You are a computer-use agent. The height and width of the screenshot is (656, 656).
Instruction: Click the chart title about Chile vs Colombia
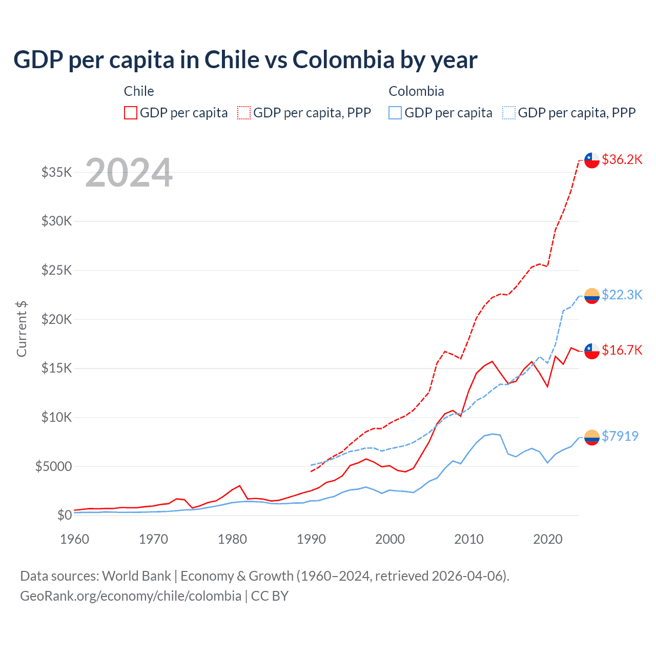[245, 60]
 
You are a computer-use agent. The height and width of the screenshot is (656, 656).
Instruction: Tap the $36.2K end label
[622, 159]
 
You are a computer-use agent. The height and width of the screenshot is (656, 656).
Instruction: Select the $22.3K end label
[622, 295]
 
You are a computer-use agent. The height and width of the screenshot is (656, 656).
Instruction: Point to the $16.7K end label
[622, 350]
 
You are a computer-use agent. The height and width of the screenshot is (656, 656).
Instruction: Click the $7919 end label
[620, 436]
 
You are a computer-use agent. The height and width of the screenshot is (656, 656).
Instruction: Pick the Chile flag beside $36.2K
[592, 160]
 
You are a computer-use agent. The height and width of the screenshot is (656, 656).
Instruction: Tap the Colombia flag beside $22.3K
[592, 296]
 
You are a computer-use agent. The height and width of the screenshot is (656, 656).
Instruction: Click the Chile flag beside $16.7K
[592, 351]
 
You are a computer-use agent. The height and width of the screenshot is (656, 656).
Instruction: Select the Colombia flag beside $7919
[592, 437]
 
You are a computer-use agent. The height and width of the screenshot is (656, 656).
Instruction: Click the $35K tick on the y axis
[57, 172]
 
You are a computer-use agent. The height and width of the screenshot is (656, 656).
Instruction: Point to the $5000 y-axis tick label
[53, 466]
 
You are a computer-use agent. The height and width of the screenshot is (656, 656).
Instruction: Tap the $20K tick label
[57, 319]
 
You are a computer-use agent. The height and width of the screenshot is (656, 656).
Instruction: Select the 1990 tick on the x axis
[311, 539]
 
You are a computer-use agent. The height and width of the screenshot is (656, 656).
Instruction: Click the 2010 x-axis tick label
[469, 539]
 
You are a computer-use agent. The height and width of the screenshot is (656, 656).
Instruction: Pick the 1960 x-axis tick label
[75, 539]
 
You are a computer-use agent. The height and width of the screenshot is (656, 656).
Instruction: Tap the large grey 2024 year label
[129, 173]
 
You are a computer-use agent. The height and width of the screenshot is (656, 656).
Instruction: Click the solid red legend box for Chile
[131, 113]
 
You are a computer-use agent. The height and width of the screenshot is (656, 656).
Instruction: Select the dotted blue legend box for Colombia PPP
[509, 113]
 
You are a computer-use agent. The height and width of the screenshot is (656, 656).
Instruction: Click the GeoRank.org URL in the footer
[131, 596]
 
